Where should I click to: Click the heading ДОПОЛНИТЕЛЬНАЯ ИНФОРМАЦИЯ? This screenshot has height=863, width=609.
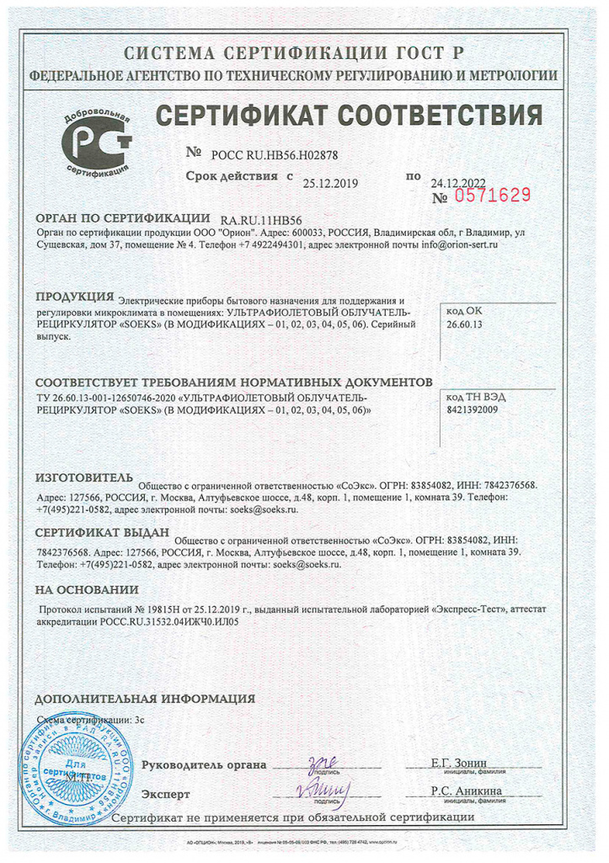[144, 699]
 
